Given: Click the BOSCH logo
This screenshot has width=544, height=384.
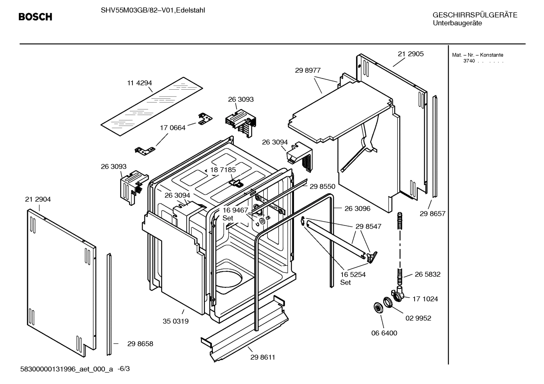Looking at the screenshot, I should click(x=35, y=17).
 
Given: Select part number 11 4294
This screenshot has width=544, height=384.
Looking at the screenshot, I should click(x=139, y=83).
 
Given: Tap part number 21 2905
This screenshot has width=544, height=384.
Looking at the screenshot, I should click(x=410, y=54).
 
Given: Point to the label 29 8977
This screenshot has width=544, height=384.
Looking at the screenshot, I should click(x=307, y=70).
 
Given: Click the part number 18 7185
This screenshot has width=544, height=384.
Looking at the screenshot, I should click(x=223, y=170).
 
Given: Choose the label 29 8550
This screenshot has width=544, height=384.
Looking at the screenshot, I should click(x=322, y=187).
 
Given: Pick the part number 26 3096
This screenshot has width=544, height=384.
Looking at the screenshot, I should click(x=357, y=208).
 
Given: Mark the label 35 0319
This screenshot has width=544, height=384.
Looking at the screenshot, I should click(x=175, y=321).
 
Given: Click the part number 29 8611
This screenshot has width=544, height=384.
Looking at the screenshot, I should click(x=263, y=357).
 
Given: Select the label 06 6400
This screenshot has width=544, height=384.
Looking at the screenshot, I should click(x=384, y=333).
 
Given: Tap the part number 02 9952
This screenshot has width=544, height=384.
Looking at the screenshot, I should click(x=418, y=318).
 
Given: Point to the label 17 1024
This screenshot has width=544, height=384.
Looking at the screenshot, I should click(x=425, y=299).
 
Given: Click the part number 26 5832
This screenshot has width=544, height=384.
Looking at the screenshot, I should click(x=427, y=274).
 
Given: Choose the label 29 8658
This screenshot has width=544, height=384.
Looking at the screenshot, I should click(x=140, y=344).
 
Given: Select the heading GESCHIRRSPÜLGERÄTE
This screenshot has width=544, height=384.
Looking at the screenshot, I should click(x=475, y=15).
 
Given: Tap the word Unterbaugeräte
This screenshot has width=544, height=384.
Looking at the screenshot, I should click(x=457, y=23).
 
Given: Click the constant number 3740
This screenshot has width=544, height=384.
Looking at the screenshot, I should click(x=469, y=61).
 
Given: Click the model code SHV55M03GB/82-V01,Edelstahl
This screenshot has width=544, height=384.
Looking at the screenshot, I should click(x=153, y=11).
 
